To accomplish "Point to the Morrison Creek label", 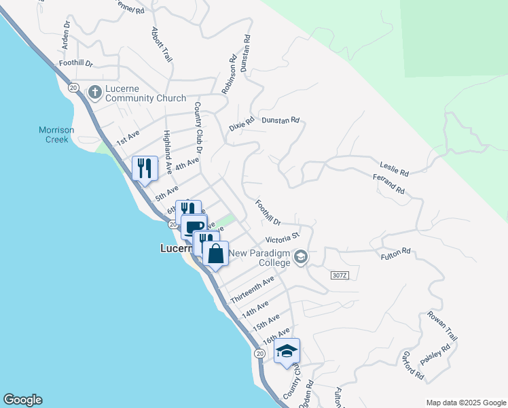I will tap(56, 134).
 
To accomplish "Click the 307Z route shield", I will tap(340, 275).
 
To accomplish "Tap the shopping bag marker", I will tap(215, 254).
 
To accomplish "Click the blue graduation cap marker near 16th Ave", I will tap(287, 351).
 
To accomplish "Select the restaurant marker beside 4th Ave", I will tap(145, 167).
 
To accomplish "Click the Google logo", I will tap(22, 400).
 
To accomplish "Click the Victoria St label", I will tap(283, 239).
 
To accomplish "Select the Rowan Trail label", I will tap(443, 326).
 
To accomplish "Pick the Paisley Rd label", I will tap(436, 356).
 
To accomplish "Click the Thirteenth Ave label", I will tap(252, 290).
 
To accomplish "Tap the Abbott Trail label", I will tap(161, 45).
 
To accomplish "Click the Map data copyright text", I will tap(465, 403).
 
